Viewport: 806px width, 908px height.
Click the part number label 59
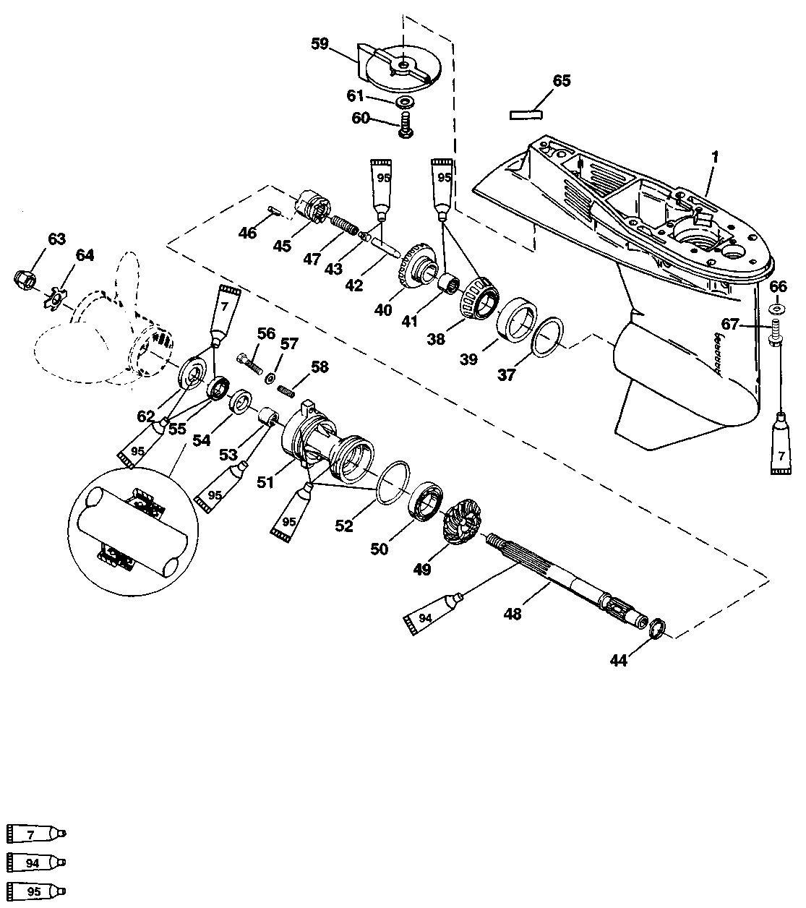(320, 44)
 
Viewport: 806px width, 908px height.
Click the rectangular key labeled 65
(526, 114)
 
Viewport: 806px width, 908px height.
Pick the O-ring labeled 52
(393, 482)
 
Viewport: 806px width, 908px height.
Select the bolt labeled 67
(776, 333)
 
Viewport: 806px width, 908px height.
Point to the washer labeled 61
(406, 102)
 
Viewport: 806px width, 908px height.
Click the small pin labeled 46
(275, 210)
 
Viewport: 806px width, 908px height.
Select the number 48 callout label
(513, 614)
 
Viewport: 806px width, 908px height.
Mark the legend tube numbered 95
(36, 891)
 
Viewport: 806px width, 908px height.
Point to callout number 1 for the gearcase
(715, 158)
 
